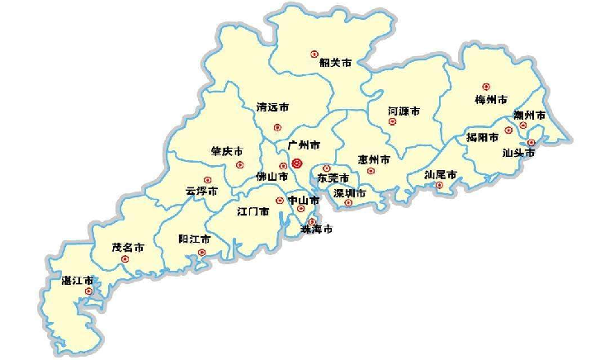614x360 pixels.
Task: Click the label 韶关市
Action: (335, 62)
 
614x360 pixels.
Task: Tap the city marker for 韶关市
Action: (314, 54)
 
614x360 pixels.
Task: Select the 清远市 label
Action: (272, 107)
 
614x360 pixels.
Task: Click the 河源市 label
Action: (404, 111)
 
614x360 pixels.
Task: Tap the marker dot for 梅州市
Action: (486, 87)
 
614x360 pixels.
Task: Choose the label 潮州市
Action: (529, 116)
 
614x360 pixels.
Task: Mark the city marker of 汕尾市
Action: (439, 186)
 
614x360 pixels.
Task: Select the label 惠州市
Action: (374, 159)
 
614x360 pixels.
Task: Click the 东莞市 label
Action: (333, 178)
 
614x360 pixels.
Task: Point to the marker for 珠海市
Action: (312, 221)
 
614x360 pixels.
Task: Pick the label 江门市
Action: (253, 212)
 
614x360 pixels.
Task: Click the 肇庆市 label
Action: (226, 152)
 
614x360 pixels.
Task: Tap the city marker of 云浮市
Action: (208, 179)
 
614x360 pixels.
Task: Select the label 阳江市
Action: (195, 239)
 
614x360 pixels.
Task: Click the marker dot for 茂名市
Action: (125, 258)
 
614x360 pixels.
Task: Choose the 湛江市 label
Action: (78, 282)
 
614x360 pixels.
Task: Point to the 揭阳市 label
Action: (482, 137)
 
